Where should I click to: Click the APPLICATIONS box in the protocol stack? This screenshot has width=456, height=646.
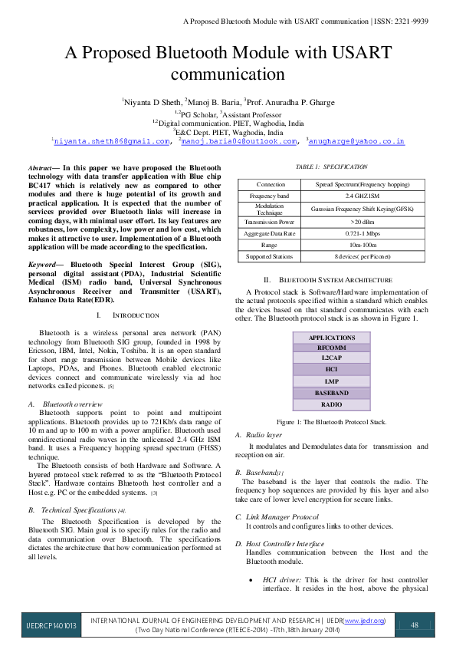pyautogui.click(x=332, y=338)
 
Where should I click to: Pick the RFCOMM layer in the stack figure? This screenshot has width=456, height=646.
pyautogui.click(x=332, y=348)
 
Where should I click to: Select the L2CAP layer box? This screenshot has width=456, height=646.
pyautogui.click(x=332, y=358)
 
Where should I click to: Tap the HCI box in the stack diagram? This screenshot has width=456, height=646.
pyautogui.click(x=332, y=369)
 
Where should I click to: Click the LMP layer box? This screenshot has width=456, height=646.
pyautogui.click(x=332, y=381)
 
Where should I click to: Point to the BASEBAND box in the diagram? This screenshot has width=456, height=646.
pyautogui.click(x=332, y=393)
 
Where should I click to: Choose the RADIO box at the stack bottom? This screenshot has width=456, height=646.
pyautogui.click(x=332, y=404)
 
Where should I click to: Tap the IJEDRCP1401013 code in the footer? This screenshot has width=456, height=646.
pyautogui.click(x=49, y=625)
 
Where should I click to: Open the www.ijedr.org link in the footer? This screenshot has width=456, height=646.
pyautogui.click(x=364, y=620)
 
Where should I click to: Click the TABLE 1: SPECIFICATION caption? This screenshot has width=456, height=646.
pyautogui.click(x=332, y=166)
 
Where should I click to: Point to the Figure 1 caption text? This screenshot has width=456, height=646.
pyautogui.click(x=332, y=422)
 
